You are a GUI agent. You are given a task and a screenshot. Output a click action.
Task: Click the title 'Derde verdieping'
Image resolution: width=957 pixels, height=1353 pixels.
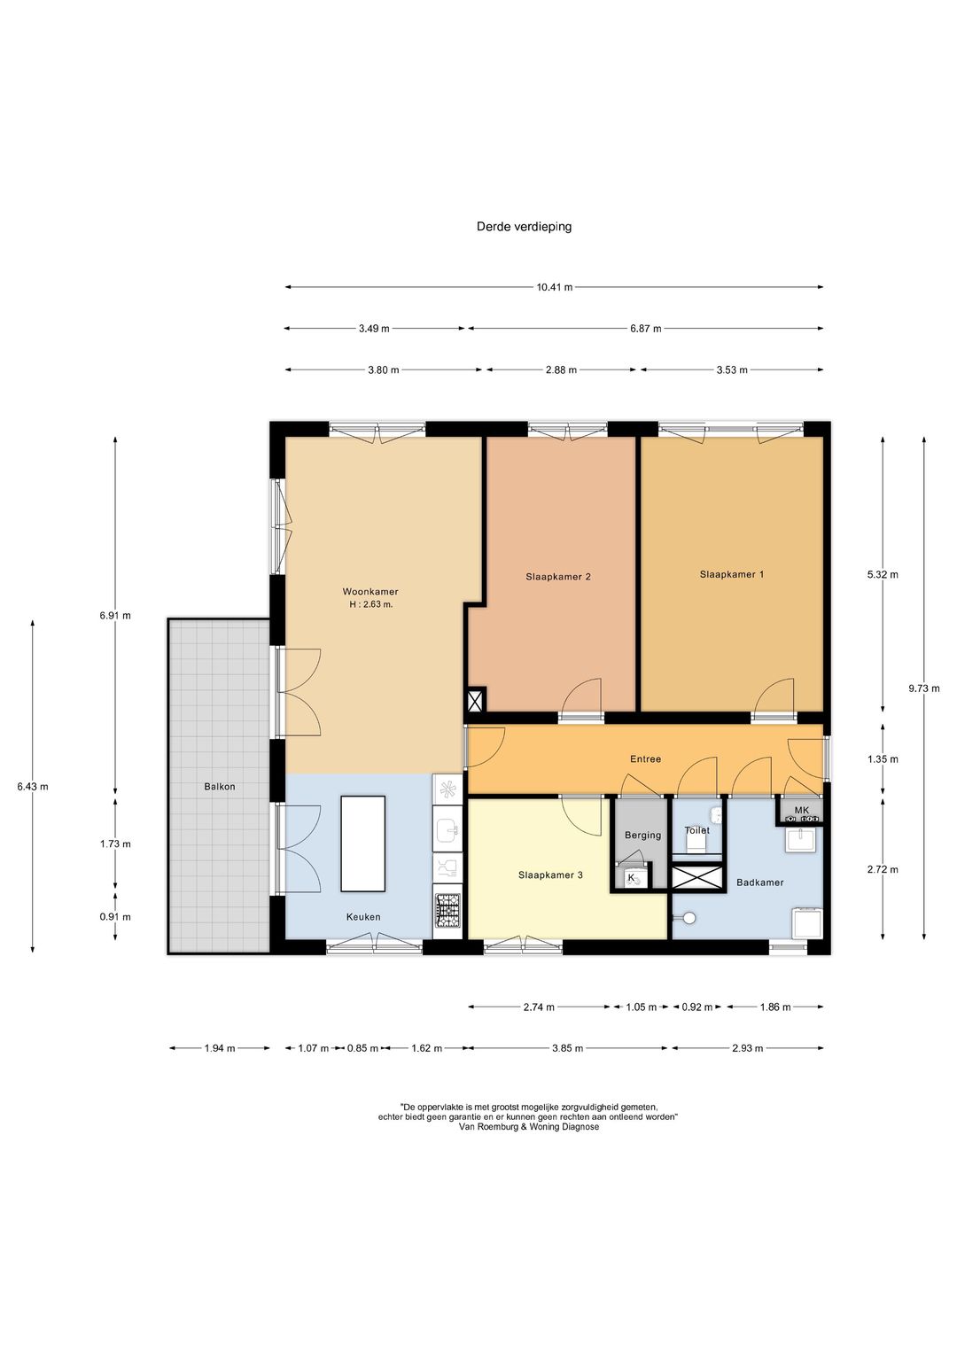click(524, 227)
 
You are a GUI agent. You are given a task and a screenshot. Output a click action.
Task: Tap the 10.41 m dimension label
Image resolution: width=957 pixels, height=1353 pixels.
click(554, 287)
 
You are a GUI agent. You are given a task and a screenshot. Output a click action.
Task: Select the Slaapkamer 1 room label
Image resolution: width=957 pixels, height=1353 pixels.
click(732, 574)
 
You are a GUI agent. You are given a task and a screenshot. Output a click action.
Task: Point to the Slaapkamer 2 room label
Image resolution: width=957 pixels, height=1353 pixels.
click(557, 576)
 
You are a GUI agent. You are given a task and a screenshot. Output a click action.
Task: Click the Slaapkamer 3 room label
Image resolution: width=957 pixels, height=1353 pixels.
click(550, 875)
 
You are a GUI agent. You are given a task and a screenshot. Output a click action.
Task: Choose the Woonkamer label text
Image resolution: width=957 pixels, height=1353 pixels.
click(370, 591)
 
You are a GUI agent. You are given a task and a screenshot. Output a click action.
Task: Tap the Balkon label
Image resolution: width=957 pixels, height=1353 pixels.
click(220, 787)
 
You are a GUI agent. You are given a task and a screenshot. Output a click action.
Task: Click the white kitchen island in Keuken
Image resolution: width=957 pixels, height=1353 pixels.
click(363, 844)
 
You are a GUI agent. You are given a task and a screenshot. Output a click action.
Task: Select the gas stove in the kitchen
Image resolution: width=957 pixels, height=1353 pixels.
click(447, 912)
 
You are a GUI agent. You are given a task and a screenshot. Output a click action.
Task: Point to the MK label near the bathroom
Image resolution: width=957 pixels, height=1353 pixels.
click(801, 810)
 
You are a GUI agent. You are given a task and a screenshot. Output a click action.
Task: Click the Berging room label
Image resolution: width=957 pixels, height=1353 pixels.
click(642, 835)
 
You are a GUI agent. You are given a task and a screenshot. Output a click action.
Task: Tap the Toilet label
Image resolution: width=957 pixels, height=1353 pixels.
click(696, 830)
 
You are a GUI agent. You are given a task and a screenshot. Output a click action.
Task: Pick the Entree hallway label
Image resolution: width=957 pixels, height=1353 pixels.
click(645, 758)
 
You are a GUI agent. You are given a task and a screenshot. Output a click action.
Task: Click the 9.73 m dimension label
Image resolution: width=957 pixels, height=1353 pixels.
click(923, 688)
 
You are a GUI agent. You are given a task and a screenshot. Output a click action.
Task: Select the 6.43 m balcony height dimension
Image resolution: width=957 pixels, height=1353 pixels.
click(33, 787)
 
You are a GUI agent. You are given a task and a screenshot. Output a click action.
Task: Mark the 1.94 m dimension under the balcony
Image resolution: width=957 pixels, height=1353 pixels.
click(220, 1048)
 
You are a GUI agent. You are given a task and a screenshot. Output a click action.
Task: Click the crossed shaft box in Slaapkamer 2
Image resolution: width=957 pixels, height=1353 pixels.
click(476, 700)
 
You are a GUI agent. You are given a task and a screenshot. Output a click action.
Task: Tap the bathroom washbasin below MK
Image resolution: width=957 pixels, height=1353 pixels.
click(801, 840)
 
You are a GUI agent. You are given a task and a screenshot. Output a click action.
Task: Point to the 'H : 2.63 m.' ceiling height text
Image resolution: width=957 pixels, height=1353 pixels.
click(370, 604)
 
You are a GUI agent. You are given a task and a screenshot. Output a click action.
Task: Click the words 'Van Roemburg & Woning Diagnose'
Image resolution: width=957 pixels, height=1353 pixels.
click(529, 1126)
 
